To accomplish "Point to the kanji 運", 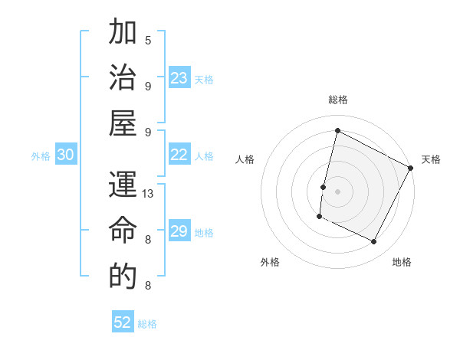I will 123,186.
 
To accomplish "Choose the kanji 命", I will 123,231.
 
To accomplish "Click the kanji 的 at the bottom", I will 123,276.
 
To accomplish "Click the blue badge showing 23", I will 179,78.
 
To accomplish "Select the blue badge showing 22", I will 179,155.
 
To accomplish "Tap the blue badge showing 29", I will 179,232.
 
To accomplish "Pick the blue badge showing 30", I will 66,155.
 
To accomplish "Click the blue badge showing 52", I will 123,322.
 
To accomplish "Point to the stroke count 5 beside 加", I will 148,40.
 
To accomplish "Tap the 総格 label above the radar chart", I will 337,100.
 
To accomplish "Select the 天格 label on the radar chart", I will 431,159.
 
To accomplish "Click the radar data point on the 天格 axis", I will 411,168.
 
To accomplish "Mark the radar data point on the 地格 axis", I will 374,242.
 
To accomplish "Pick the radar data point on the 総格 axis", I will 337,130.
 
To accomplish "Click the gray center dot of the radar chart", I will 337,191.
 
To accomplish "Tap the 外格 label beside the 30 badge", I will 41,156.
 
